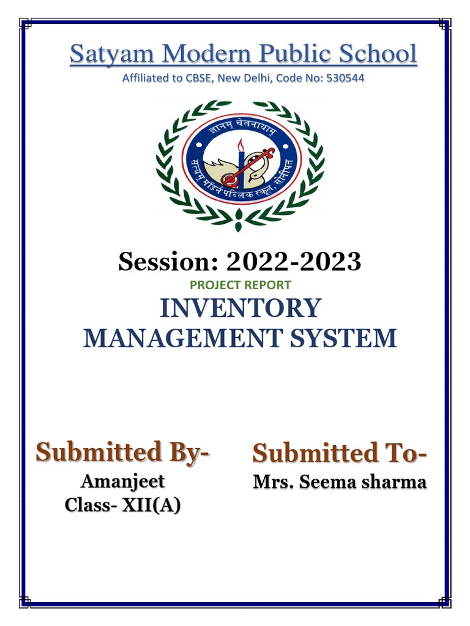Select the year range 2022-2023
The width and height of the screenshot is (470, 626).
(294, 262)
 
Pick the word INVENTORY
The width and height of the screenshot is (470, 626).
(240, 308)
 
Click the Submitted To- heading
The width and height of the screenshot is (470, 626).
(340, 454)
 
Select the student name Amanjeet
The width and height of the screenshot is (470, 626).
(123, 481)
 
